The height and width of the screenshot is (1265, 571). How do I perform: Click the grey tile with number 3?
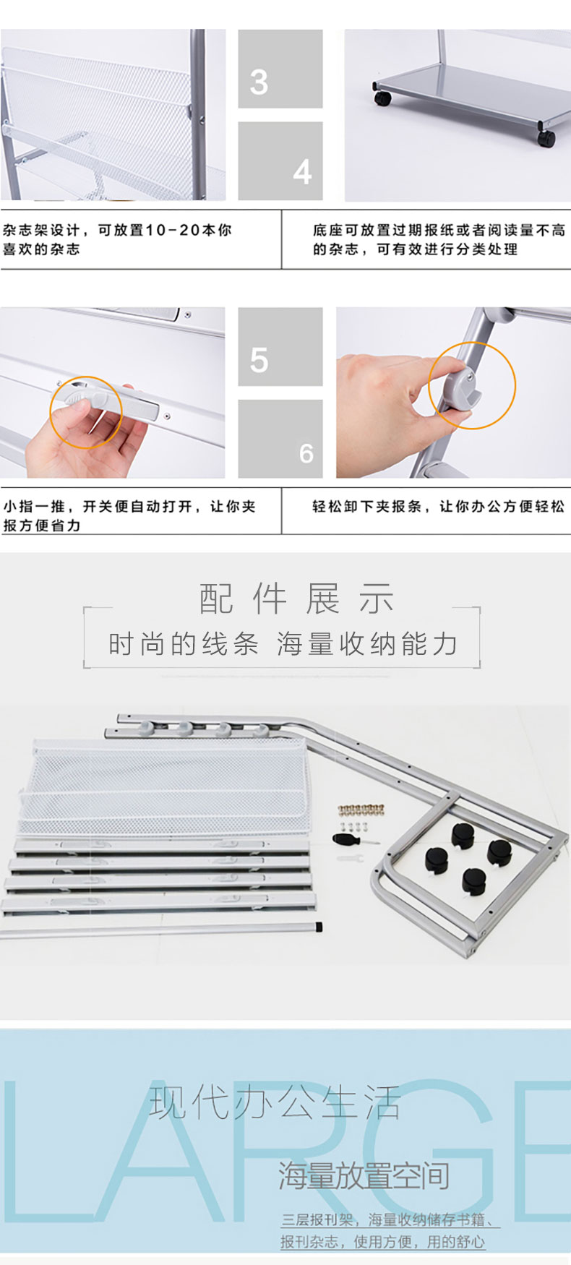click(x=280, y=69)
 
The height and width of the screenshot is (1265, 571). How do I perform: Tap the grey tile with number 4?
click(x=280, y=161)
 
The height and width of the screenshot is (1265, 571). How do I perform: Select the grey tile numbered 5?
click(x=280, y=347)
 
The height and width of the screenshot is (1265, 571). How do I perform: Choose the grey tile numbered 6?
click(x=280, y=439)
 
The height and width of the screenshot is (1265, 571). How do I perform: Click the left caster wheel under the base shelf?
click(x=382, y=98)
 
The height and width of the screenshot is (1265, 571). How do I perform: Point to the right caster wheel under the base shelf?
click(x=546, y=137)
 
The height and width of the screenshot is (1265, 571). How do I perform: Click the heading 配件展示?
click(x=296, y=599)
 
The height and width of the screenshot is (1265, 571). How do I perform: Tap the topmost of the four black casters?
click(x=464, y=835)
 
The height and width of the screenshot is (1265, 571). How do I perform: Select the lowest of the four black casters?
click(x=474, y=880)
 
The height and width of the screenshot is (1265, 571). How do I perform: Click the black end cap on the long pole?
click(x=319, y=926)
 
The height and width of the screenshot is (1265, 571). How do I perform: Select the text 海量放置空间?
click(x=364, y=1176)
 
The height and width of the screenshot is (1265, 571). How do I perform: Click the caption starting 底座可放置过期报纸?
click(x=439, y=239)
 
